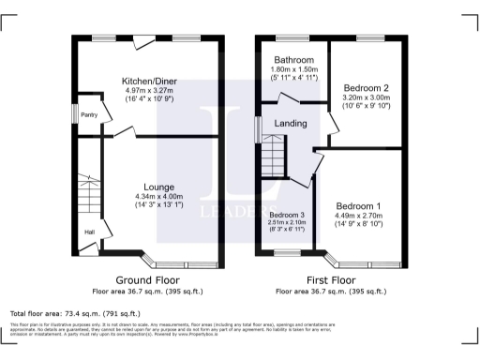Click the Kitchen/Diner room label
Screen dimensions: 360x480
pyautogui.click(x=150, y=82)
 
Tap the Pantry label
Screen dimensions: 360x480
pyautogui.click(x=90, y=115)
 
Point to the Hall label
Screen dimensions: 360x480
pyautogui.click(x=89, y=232)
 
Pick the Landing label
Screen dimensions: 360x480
pyautogui.click(x=291, y=123)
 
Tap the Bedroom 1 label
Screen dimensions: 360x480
pyautogui.click(x=358, y=205)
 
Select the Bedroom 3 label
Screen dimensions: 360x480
pyautogui.click(x=288, y=215)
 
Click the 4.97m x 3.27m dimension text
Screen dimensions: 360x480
pyautogui.click(x=150, y=91)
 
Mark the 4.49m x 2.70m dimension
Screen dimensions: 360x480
pyautogui.click(x=358, y=215)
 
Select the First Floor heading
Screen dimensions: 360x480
pyautogui.click(x=331, y=280)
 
